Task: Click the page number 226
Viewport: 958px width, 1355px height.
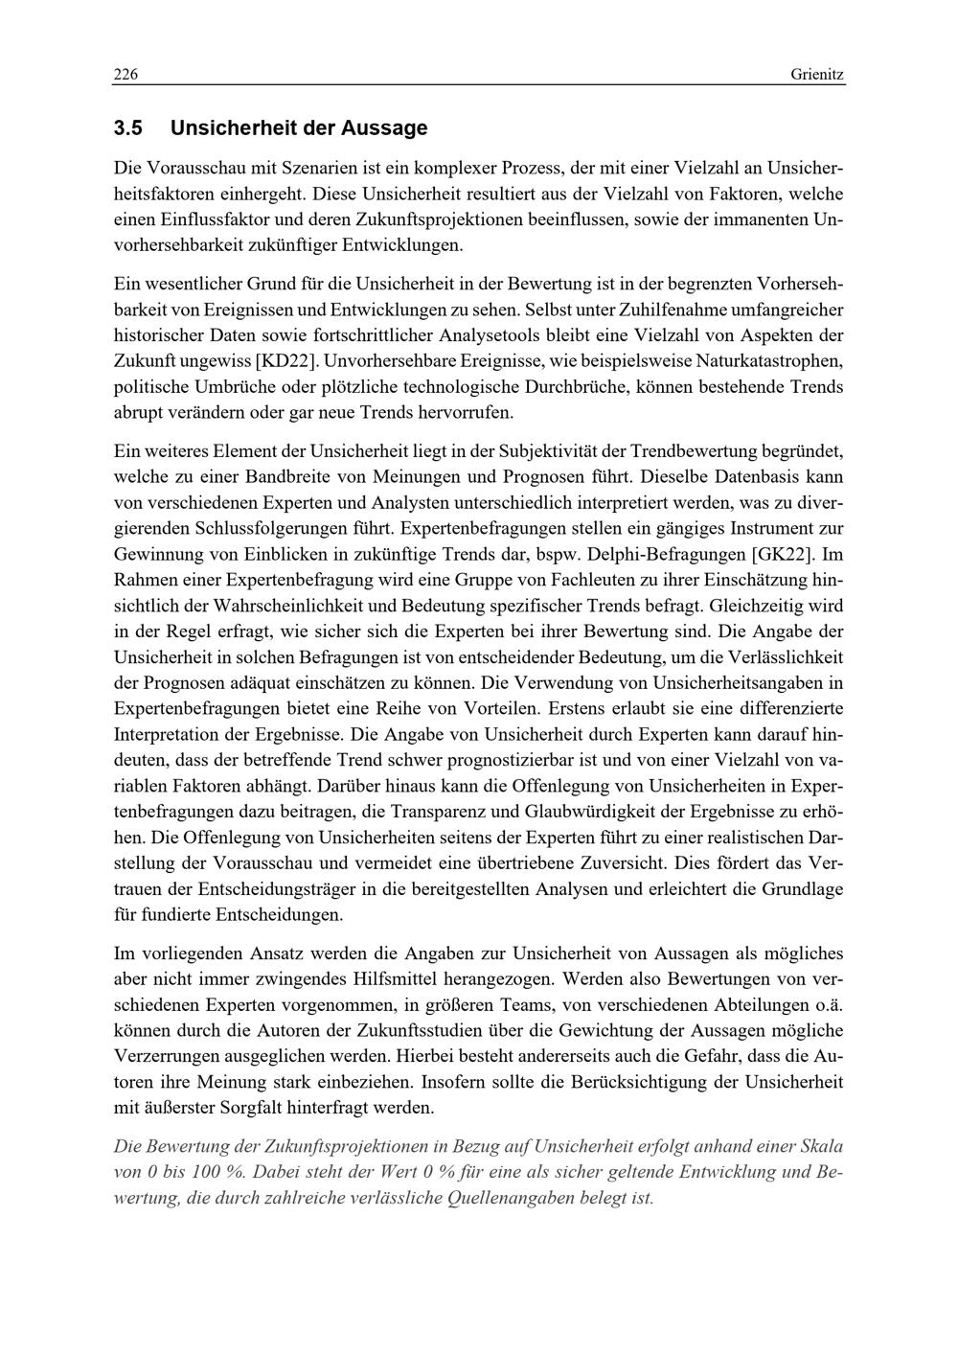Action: (125, 75)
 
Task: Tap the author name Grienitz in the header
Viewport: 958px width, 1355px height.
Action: (818, 75)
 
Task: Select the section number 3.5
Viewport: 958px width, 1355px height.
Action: (127, 128)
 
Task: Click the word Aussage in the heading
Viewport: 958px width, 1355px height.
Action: (383, 128)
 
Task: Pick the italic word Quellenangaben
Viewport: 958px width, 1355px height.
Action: (511, 1198)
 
